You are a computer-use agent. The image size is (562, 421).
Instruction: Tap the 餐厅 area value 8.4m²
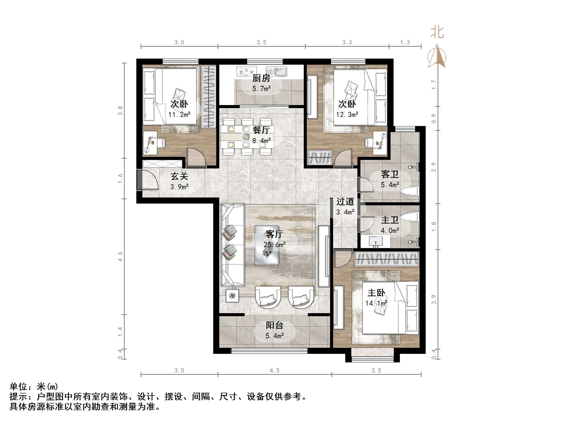[x=261, y=140]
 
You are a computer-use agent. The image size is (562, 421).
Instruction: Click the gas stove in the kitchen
[x=246, y=71]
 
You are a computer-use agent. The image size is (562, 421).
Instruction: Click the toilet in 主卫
[x=409, y=217]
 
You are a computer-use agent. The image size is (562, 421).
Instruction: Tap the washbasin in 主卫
[x=375, y=242]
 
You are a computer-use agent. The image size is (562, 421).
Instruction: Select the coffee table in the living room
[x=267, y=245]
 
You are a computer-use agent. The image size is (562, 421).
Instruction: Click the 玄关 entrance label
[x=179, y=176]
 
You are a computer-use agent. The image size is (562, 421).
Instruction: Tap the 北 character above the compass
[x=437, y=33]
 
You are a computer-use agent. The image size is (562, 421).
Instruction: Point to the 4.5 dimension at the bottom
[x=274, y=370]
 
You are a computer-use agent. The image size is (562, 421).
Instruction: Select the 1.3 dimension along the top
[x=405, y=42]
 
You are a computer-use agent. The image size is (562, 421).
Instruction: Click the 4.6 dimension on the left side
[x=120, y=257]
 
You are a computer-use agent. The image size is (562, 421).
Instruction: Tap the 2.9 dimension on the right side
[x=434, y=167]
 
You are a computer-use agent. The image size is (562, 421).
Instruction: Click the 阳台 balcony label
[x=274, y=325]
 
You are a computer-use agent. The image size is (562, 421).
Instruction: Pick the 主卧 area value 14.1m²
[x=376, y=303]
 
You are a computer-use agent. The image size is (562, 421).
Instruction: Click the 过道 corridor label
[x=345, y=202]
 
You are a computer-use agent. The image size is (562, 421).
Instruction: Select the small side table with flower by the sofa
[x=232, y=296]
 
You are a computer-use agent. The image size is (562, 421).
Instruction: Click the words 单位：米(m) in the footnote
[x=34, y=386]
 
